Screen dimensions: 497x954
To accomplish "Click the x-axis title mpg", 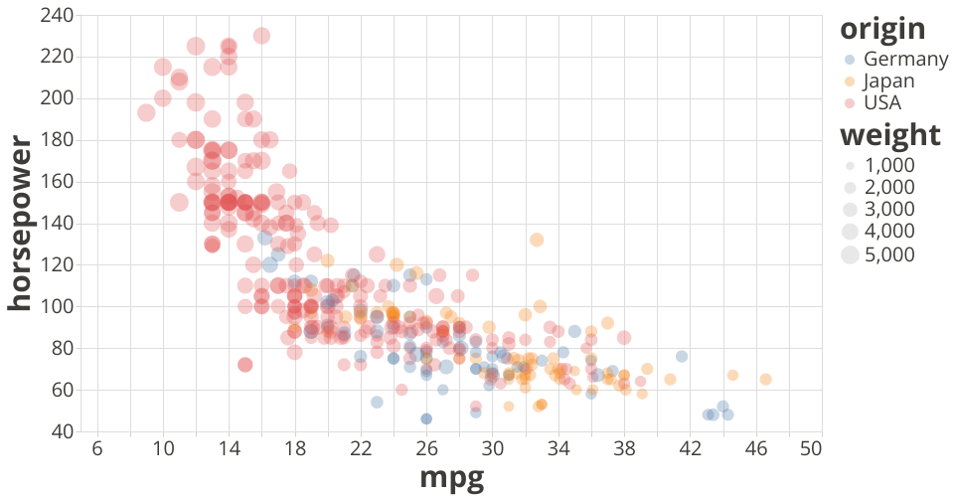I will coord(451,478).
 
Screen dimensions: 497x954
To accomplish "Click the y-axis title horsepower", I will coord(21,224).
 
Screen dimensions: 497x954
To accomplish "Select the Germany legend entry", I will coord(905,59).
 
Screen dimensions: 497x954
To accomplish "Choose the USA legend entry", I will coord(882,103).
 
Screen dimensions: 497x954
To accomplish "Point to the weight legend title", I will coord(889,136).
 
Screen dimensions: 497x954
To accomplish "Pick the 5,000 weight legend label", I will coord(890,254).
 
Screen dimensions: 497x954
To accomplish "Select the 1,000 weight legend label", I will coord(890,165).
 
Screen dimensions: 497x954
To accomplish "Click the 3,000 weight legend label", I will coord(890,209).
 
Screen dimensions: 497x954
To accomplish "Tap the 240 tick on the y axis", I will coord(58,16).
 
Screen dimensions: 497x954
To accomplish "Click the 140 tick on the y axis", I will coord(58,224).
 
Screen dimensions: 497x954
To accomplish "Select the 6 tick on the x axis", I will coord(96,448).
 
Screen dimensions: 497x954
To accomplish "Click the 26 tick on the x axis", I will coord(426,448).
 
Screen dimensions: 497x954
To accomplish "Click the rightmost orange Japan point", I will coord(765,379).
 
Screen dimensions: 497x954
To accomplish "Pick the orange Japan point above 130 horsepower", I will coord(537,240).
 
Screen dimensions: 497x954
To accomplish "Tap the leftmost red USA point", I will coord(146,112).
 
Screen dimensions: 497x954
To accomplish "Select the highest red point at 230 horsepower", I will coord(261,36).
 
